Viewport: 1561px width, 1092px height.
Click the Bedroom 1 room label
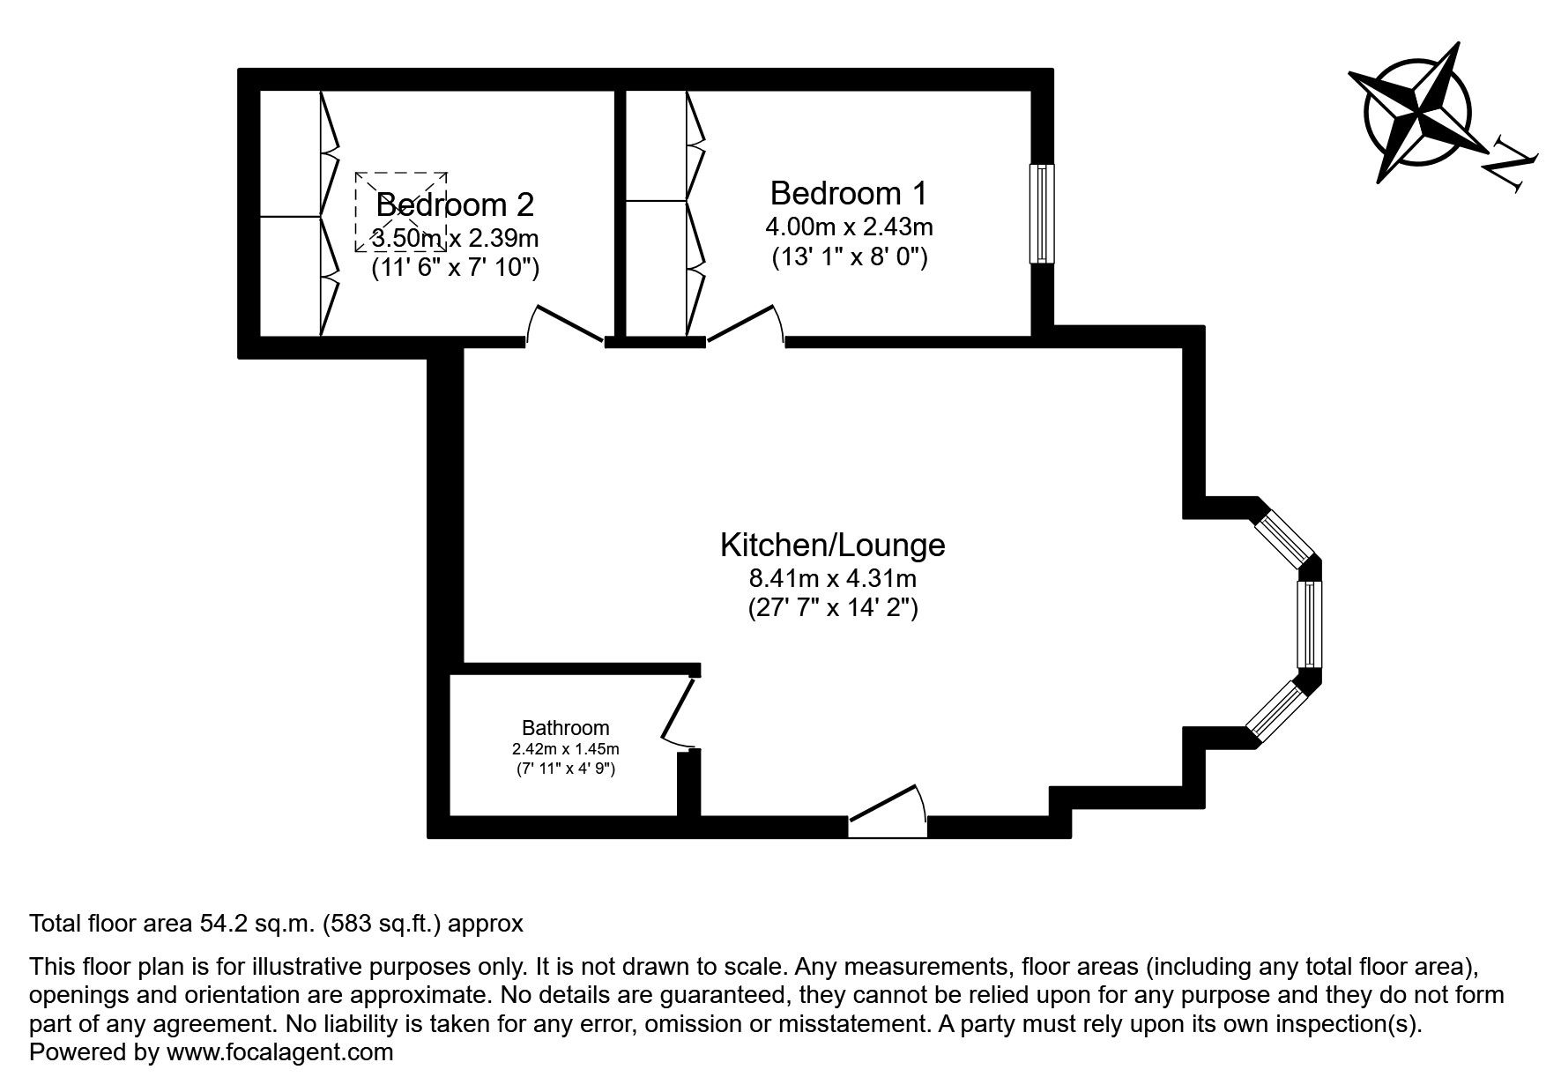(849, 193)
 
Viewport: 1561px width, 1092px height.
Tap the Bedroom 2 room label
(455, 204)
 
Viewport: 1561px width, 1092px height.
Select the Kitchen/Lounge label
(832, 545)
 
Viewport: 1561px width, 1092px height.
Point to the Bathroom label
(565, 728)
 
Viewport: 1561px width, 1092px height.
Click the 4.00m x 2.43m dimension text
(849, 227)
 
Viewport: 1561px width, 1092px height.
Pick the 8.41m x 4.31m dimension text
(832, 578)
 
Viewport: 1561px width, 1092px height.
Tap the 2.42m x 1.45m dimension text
(565, 749)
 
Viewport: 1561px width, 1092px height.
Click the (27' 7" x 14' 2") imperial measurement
(832, 608)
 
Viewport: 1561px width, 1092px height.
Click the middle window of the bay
(1309, 623)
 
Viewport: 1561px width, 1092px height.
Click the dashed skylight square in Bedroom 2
(401, 212)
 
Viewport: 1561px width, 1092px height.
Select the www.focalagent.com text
(279, 1051)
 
